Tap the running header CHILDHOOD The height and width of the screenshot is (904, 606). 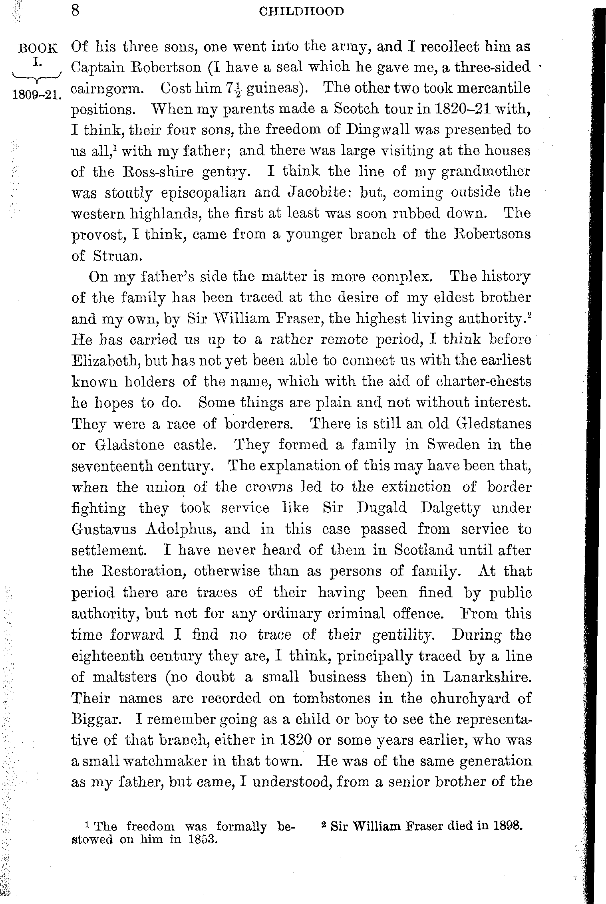(301, 12)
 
